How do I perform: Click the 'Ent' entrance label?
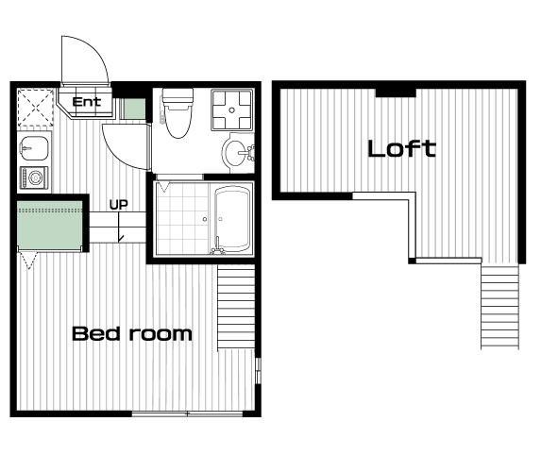tap(87, 102)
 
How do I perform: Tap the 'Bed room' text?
tap(132, 333)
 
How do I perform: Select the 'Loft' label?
tap(402, 149)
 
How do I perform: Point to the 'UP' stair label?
tap(119, 205)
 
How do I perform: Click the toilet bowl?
tap(178, 114)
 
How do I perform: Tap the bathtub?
tap(232, 219)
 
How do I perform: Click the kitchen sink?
tap(34, 148)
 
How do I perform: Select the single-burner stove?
tap(34, 177)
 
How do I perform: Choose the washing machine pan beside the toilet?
tap(232, 110)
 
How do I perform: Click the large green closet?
tap(50, 225)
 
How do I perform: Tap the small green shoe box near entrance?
tap(134, 109)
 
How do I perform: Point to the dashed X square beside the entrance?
tap(36, 108)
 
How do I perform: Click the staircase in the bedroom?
tap(236, 307)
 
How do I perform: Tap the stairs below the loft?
tap(500, 307)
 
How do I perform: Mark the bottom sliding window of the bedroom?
tap(187, 413)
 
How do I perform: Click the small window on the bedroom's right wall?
tap(258, 371)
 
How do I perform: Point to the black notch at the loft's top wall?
tap(396, 93)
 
